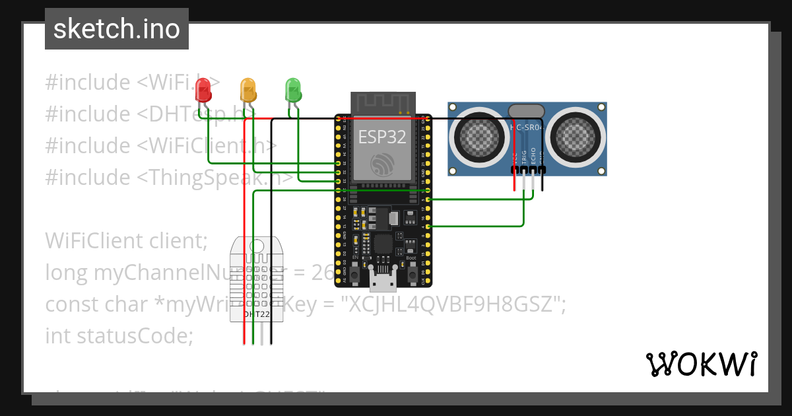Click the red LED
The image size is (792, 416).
203,88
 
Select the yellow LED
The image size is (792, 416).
248,89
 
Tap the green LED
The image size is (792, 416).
293,88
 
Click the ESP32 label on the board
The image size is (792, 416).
382,137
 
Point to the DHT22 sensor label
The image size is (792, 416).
257,315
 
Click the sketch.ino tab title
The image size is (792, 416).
117,29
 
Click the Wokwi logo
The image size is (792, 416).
701,364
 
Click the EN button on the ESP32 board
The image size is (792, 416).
355,273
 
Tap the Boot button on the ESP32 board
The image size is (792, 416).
412,273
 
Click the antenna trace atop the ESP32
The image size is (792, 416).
383,102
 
